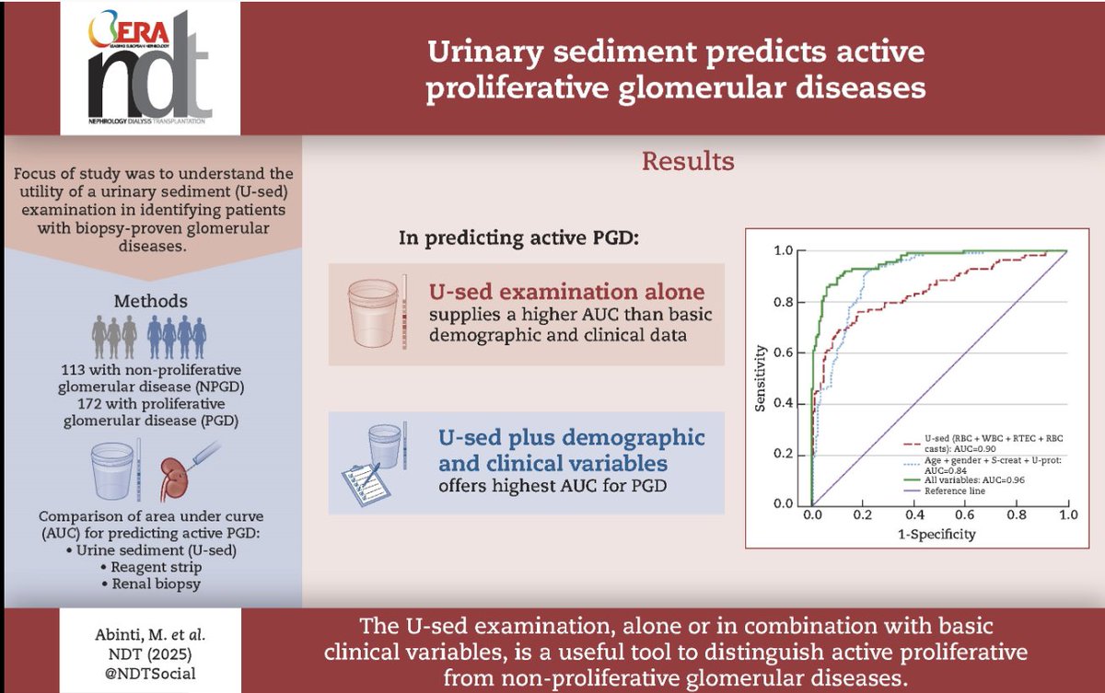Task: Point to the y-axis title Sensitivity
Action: coord(761,377)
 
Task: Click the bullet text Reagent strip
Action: coord(152,569)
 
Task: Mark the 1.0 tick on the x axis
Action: coord(1066,516)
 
